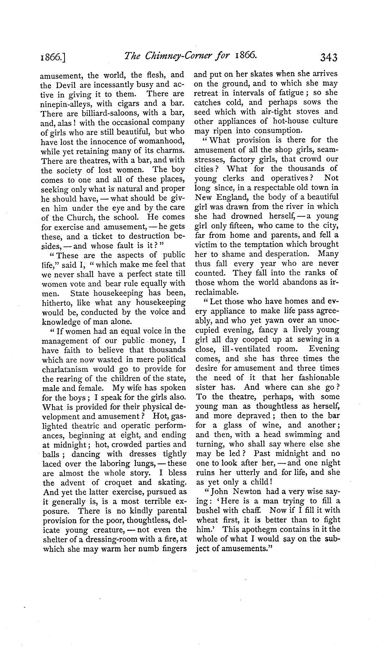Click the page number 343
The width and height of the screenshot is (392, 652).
(327, 57)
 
